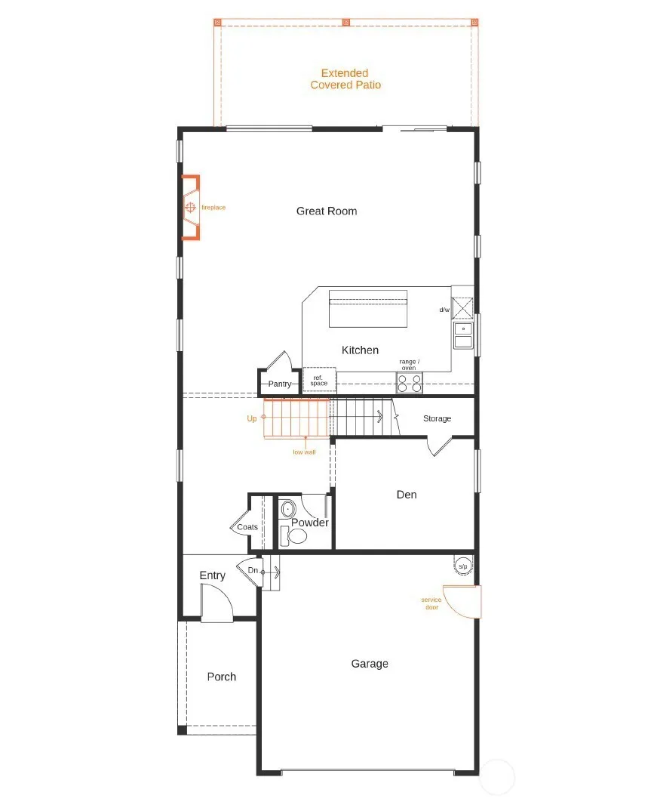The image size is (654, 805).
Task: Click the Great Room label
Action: [327, 211]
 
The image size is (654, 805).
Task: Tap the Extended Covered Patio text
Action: [345, 79]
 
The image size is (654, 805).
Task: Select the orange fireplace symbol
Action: [190, 208]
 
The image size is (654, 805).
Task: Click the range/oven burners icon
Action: [410, 384]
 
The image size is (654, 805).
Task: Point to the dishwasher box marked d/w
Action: [462, 309]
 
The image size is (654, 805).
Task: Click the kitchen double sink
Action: [463, 335]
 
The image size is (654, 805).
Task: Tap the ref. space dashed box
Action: [320, 381]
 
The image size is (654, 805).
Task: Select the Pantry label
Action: [280, 384]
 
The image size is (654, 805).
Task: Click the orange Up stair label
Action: [251, 418]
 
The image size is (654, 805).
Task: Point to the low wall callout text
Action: [304, 452]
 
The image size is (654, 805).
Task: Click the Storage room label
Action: [437, 418]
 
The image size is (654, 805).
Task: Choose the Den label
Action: [407, 495]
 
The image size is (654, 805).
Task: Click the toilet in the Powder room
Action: [293, 535]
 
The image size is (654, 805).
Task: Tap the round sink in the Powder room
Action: [288, 509]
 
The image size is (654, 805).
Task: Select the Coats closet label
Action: [247, 527]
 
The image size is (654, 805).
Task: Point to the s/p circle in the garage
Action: [463, 566]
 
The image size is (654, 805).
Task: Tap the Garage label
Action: [370, 664]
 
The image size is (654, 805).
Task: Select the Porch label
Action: [222, 677]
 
